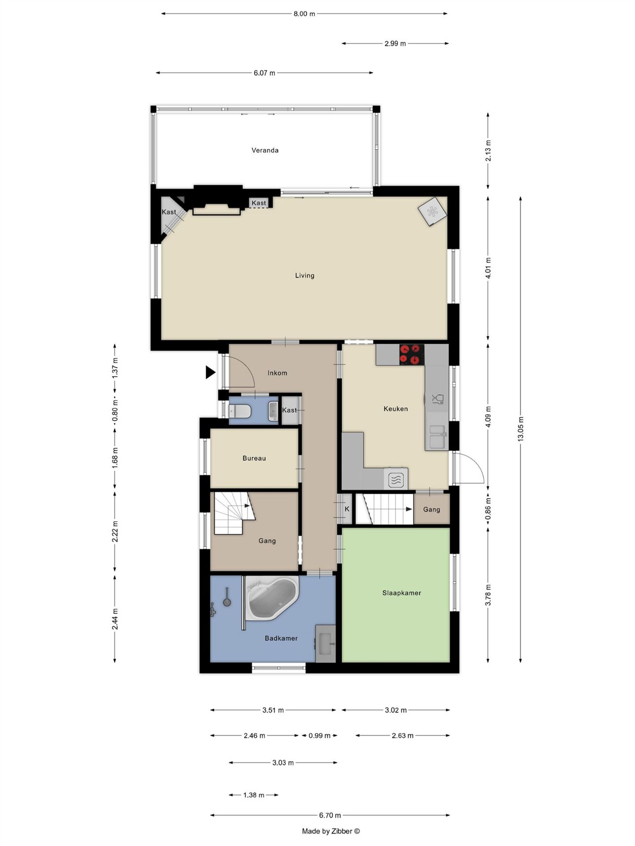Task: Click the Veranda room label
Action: (265, 150)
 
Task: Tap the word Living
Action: (304, 275)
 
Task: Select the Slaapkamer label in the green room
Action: (401, 593)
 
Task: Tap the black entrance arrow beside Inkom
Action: (210, 372)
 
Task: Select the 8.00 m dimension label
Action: (304, 14)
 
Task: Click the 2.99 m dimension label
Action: (395, 44)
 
